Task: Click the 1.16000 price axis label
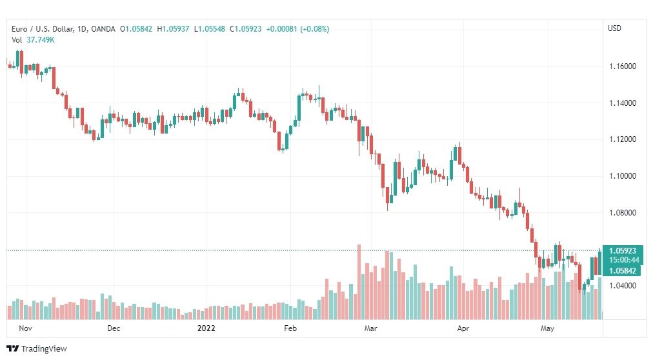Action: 623,66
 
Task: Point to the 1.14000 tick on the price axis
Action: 623,103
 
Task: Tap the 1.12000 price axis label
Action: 623,139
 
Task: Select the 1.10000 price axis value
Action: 623,176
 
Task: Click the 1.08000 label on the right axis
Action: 623,213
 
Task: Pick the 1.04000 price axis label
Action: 623,286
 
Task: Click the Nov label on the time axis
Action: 25,328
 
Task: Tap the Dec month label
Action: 114,328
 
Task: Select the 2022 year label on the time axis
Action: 206,328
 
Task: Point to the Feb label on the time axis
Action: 290,328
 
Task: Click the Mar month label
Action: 370,328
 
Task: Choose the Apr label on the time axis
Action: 463,328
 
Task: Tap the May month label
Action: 547,328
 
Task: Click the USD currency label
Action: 615,28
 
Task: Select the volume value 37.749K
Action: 41,40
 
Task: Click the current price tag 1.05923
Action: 623,250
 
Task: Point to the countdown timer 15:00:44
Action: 623,260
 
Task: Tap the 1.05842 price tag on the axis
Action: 623,271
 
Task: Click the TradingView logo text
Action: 44,349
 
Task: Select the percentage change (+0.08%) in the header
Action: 314,29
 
